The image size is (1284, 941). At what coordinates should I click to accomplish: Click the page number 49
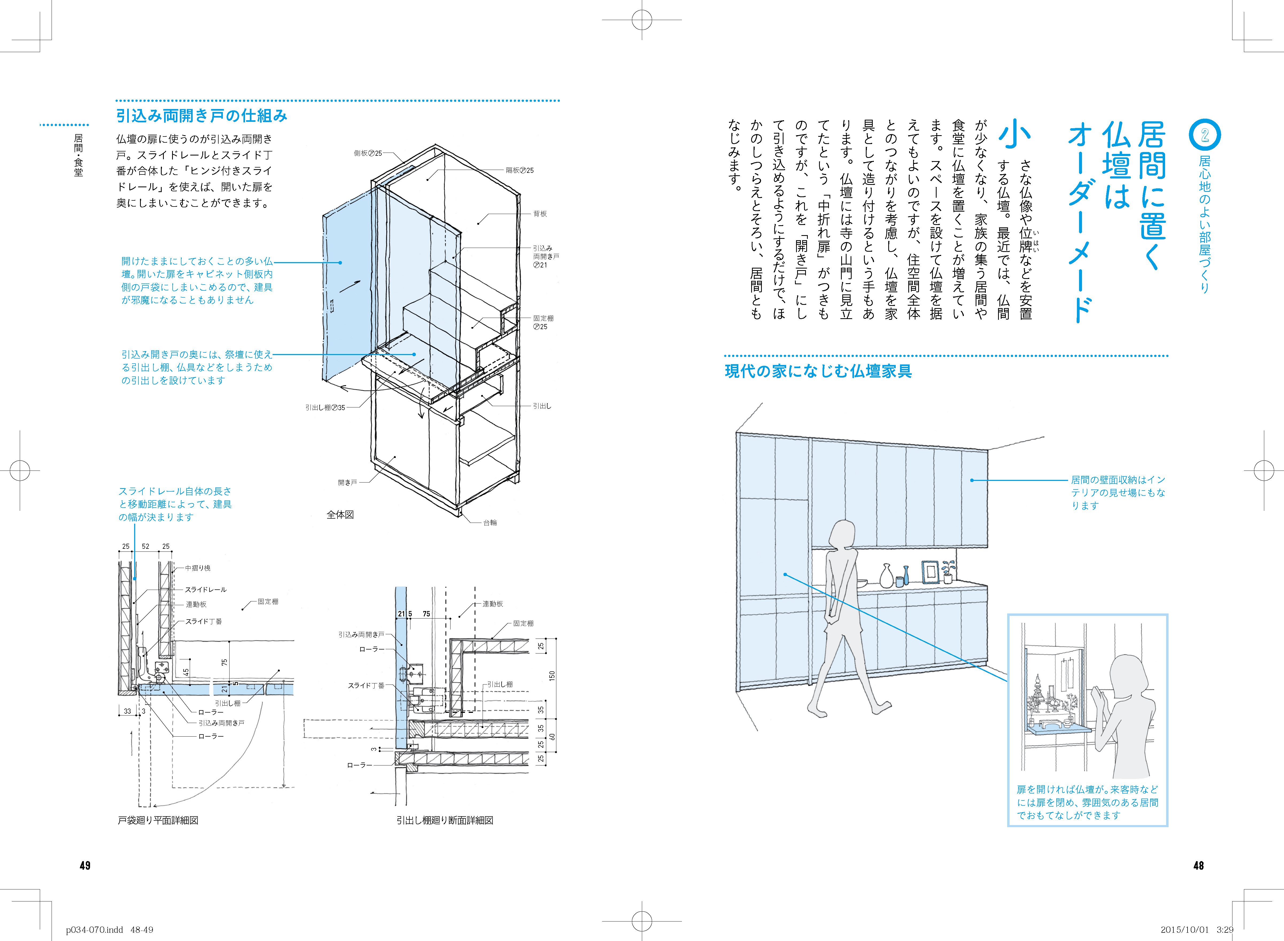point(85,865)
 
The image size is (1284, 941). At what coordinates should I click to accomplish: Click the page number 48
point(1198,865)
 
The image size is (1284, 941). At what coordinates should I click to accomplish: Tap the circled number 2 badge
point(1205,135)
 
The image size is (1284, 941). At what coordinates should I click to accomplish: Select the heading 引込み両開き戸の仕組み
point(202,116)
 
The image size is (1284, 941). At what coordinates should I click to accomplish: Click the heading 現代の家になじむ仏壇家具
point(818,371)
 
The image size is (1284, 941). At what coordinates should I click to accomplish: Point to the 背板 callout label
point(540,213)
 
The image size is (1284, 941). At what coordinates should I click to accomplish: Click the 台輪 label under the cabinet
point(490,522)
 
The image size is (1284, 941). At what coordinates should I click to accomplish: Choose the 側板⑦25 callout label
point(368,153)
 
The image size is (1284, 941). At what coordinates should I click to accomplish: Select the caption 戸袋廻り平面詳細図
point(158,820)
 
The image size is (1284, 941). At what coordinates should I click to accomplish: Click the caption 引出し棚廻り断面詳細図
point(445,820)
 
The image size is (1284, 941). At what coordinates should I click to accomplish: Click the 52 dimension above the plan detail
point(146,546)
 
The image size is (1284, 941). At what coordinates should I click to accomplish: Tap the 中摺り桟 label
point(198,568)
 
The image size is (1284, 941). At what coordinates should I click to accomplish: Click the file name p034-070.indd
point(95,930)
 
